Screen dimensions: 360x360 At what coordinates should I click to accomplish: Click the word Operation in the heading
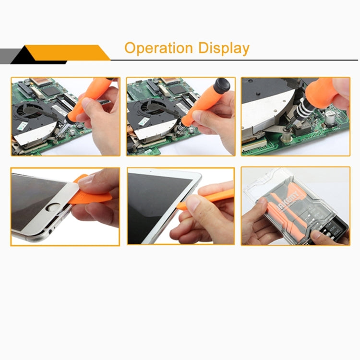(x=158, y=48)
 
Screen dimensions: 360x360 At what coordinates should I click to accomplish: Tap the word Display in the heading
(x=224, y=48)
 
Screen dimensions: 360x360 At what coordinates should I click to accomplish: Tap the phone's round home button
(x=53, y=208)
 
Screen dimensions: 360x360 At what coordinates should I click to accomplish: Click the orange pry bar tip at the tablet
(x=180, y=207)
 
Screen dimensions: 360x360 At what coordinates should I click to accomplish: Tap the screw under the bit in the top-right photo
(x=287, y=132)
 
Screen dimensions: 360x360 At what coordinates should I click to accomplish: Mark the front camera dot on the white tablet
(x=151, y=171)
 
